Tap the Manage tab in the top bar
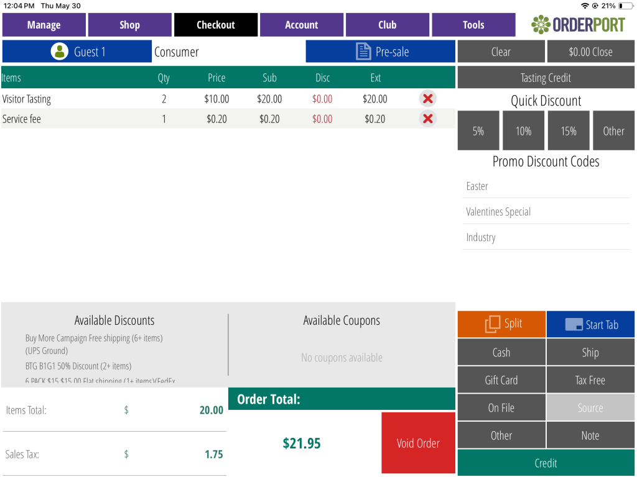click(x=44, y=25)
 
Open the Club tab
click(x=387, y=25)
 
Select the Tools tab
click(x=473, y=25)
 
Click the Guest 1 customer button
click(x=77, y=52)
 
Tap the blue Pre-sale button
click(x=380, y=52)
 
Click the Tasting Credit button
click(x=546, y=78)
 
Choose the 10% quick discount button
click(x=523, y=131)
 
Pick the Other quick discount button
click(x=613, y=131)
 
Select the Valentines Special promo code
click(x=498, y=212)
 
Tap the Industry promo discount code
click(x=481, y=237)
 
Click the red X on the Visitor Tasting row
click(x=427, y=99)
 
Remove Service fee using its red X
click(x=427, y=119)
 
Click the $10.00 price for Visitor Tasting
click(x=216, y=99)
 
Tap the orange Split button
click(x=501, y=324)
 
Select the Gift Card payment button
click(x=501, y=380)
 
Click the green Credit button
click(x=546, y=463)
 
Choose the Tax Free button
click(x=590, y=380)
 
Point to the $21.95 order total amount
click(x=302, y=443)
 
